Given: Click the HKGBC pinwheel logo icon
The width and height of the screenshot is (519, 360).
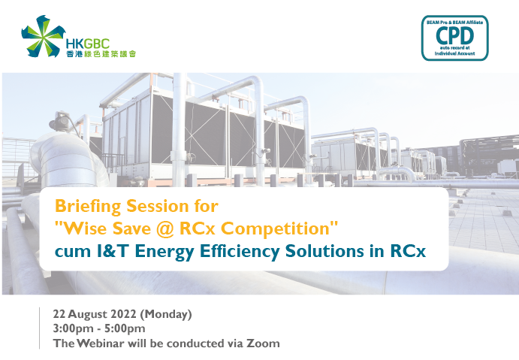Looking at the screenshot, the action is pyautogui.click(x=43, y=36).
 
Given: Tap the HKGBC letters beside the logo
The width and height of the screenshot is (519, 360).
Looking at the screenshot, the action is pyautogui.click(x=87, y=44).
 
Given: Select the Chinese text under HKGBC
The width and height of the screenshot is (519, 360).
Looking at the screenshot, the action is pyautogui.click(x=101, y=53).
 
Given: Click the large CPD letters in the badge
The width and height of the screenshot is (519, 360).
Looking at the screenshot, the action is pyautogui.click(x=455, y=35).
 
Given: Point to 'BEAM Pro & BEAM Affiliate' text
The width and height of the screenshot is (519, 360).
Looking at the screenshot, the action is pyautogui.click(x=455, y=23).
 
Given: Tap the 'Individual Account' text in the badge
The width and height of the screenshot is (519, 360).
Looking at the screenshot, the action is pyautogui.click(x=455, y=53).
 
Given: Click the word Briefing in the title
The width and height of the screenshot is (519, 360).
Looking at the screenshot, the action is pyautogui.click(x=88, y=207).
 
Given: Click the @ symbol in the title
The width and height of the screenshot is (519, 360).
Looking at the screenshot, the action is pyautogui.click(x=165, y=229).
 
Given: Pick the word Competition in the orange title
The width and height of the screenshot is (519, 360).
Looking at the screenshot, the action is pyautogui.click(x=275, y=229).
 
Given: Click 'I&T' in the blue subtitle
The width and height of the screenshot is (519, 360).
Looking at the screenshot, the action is pyautogui.click(x=113, y=251).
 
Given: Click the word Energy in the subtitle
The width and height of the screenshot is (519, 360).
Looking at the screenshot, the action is pyautogui.click(x=164, y=252).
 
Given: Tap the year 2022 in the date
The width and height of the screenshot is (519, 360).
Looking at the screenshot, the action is pyautogui.click(x=123, y=314).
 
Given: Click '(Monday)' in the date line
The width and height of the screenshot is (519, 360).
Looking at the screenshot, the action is pyautogui.click(x=166, y=314).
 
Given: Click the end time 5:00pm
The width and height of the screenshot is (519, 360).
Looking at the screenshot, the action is pyautogui.click(x=125, y=328).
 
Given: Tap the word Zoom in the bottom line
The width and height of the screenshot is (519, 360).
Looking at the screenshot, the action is pyautogui.click(x=263, y=343).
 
